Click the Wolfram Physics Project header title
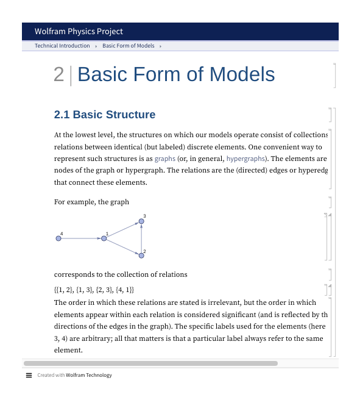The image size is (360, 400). [x=79, y=31]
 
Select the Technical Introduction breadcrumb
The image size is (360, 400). [x=62, y=46]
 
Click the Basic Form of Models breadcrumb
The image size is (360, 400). [x=128, y=46]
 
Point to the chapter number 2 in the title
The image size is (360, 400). [x=58, y=74]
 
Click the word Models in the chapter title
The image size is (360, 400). [x=242, y=74]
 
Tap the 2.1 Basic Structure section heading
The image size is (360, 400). [x=105, y=115]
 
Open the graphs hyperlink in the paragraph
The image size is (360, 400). [x=164, y=159]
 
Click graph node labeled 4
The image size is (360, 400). [x=58, y=238]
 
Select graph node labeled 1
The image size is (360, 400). [x=104, y=238]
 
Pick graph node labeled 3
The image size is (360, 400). [x=141, y=222]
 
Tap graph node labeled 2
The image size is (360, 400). [x=141, y=255]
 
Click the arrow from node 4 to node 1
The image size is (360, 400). [x=81, y=238]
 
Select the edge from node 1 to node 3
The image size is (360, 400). [x=122, y=230]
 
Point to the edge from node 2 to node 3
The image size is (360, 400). [x=141, y=239]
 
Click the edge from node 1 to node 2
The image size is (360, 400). [x=122, y=247]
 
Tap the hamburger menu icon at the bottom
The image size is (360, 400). [x=29, y=375]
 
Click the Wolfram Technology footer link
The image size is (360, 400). [x=89, y=375]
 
